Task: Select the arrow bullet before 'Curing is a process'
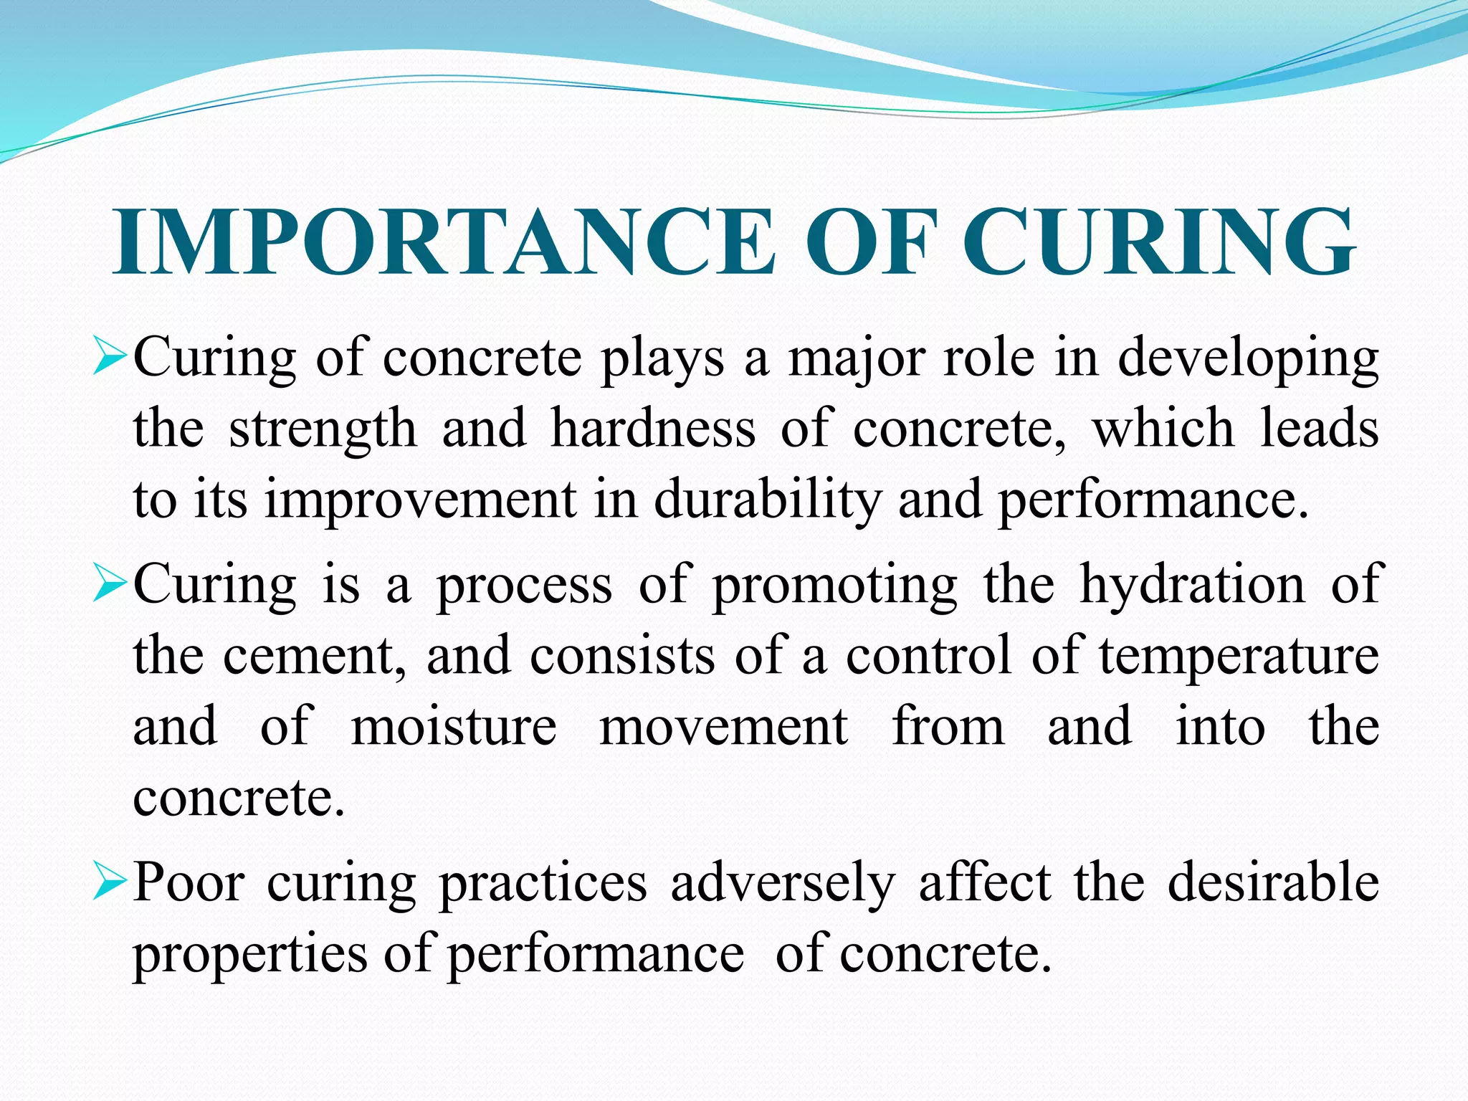coord(110,584)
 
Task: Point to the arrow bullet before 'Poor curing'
coord(110,882)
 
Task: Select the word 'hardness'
coord(653,428)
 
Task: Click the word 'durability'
coord(768,500)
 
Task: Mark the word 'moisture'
coord(454,727)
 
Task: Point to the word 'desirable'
coord(1273,882)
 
